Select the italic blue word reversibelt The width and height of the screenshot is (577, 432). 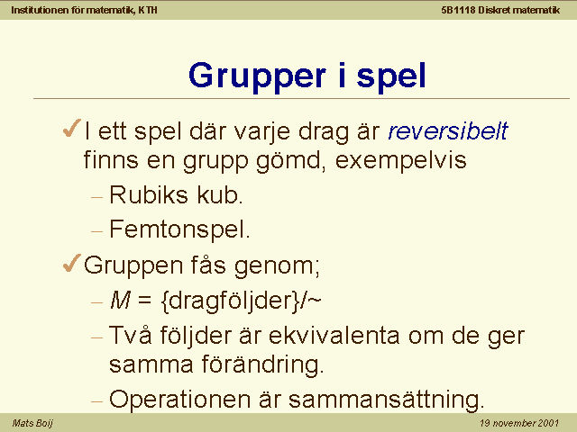[448, 130]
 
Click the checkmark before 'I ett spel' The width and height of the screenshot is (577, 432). [72, 128]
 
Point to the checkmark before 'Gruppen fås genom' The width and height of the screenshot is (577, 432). [72, 263]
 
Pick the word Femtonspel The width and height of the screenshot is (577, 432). [179, 229]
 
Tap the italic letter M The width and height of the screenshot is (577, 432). [120, 301]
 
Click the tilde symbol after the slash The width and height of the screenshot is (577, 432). [315, 301]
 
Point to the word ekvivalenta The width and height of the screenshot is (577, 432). [334, 336]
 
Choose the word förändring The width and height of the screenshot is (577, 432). [262, 364]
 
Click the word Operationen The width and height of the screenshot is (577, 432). [179, 400]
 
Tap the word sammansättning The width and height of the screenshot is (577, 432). [386, 400]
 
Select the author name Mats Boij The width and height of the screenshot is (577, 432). [32, 423]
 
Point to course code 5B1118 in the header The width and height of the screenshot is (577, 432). [458, 10]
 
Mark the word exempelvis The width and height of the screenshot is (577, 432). [400, 160]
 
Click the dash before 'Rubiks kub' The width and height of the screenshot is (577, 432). [96, 197]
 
